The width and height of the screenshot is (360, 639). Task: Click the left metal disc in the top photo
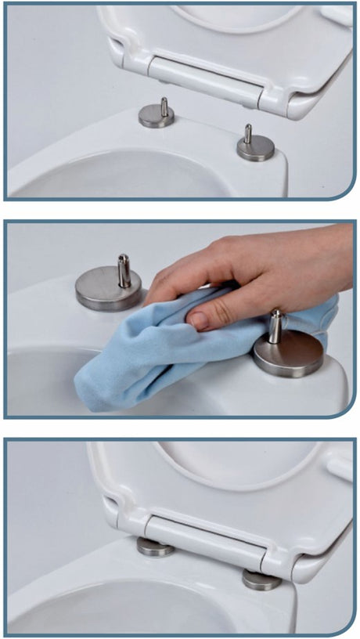click(x=156, y=117)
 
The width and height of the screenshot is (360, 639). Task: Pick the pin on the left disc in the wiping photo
click(x=124, y=270)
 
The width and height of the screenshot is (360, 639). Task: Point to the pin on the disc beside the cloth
click(x=275, y=326)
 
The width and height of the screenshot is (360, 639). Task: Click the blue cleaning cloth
click(x=157, y=360)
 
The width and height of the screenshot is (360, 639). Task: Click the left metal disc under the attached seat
click(x=156, y=547)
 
